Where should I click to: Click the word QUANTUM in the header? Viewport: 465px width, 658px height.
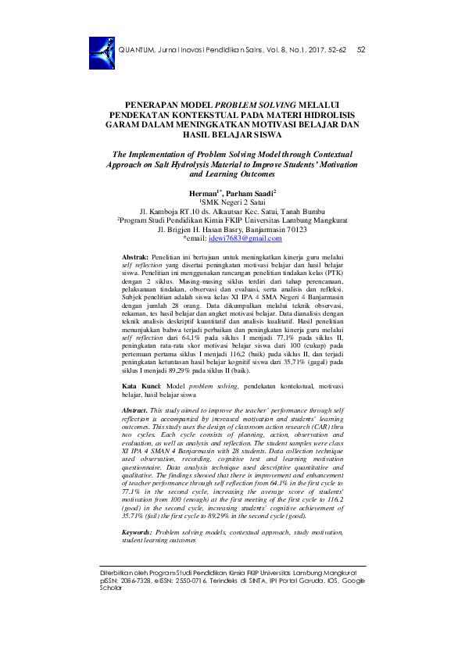pyautogui.click(x=136, y=50)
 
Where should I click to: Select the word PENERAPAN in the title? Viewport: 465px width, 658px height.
pyautogui.click(x=155, y=103)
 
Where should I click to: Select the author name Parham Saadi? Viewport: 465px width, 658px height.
pyautogui.click(x=249, y=191)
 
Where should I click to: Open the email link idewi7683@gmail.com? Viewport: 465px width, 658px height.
pyautogui.click(x=244, y=238)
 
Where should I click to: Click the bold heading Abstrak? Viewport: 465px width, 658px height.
pyautogui.click(x=138, y=256)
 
